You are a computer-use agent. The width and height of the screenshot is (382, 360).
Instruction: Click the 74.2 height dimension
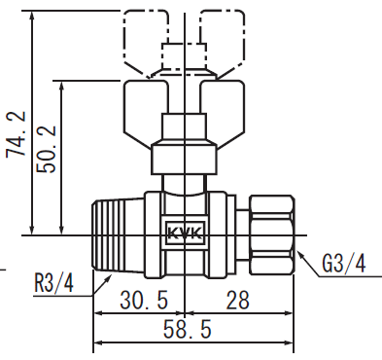click(16, 134)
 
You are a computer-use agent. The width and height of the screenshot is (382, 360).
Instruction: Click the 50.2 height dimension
click(47, 149)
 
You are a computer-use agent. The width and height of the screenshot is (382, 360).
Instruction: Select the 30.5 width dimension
click(144, 300)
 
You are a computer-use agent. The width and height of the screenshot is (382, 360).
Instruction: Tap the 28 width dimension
click(237, 300)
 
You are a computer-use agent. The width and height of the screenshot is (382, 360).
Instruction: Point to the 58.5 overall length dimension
click(187, 329)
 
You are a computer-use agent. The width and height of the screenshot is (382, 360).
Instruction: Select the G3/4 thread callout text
click(344, 263)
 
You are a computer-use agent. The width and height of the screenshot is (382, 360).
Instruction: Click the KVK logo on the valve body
click(185, 233)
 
